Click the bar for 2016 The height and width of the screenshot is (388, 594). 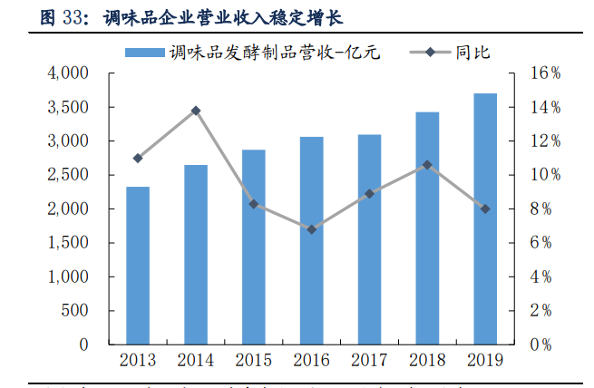point(311,240)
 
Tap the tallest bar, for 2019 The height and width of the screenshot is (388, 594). point(485,218)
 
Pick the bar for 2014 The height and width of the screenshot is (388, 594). point(196,254)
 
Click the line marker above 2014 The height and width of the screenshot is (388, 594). point(196,111)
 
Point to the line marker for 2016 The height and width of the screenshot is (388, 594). point(311,229)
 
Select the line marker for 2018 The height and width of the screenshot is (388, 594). point(427,165)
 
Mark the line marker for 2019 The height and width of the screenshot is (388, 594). point(485,209)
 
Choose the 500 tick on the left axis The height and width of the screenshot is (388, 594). point(74,311)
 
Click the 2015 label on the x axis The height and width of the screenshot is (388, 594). point(253,361)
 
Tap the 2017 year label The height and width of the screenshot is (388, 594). point(369,361)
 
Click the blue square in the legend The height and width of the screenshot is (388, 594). point(144,53)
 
